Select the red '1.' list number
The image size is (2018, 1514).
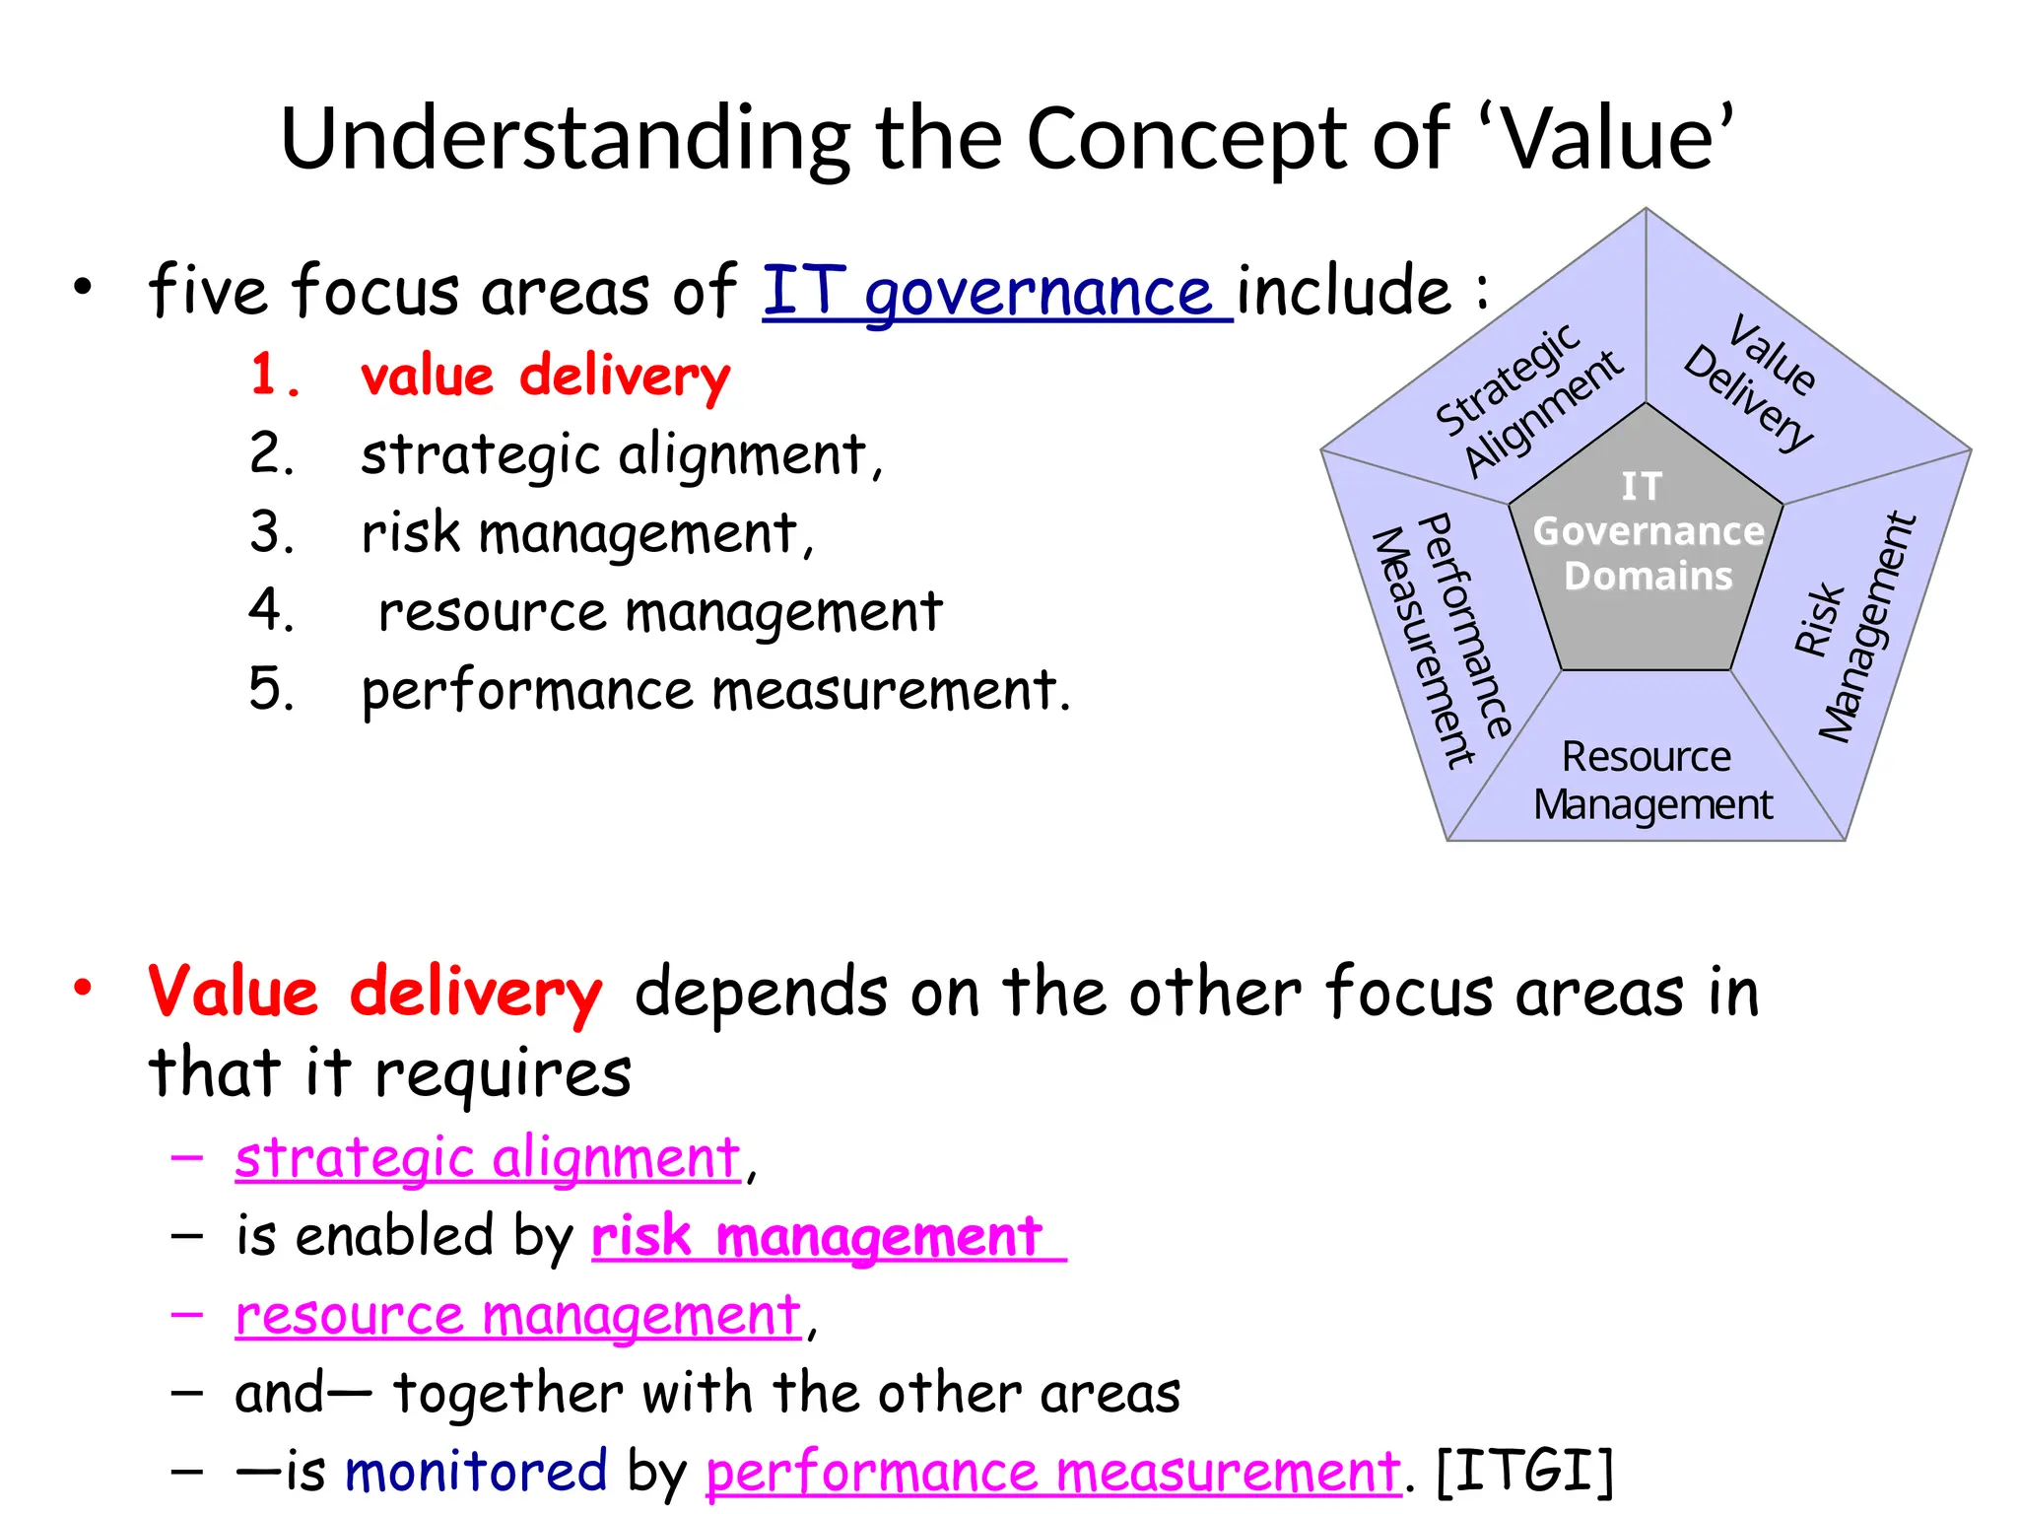[274, 376]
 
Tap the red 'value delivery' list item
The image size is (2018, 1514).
[545, 377]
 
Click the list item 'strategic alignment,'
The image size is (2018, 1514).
[621, 455]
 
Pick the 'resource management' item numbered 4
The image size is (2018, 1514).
[659, 611]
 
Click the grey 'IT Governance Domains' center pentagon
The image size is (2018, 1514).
[1646, 552]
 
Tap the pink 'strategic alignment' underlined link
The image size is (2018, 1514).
[487, 1157]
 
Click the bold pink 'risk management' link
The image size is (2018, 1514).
[818, 1236]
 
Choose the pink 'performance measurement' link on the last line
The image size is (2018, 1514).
[1052, 1473]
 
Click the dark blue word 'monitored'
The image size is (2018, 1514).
[476, 1472]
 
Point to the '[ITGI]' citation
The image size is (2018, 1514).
[1525, 1472]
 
